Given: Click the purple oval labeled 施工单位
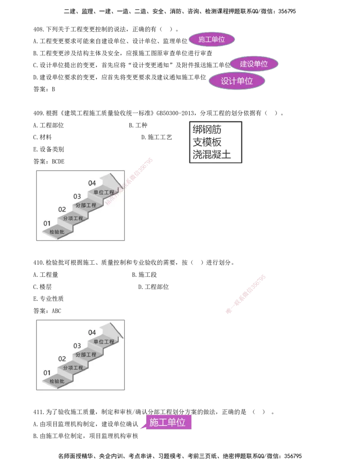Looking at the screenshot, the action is tap(212, 40).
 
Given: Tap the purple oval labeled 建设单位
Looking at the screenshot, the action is tap(254, 64).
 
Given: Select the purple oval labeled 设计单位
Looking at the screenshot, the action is tap(237, 81).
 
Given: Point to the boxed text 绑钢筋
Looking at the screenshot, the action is tap(207, 130).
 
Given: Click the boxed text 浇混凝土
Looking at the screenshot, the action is tap(212, 154).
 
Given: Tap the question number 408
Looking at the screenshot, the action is tap(38, 29).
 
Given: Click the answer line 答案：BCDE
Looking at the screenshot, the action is tap(49, 161).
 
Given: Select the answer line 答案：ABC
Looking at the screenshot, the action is tap(47, 311).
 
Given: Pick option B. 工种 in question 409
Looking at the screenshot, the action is tap(138, 125).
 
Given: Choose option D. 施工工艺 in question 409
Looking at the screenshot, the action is tap(157, 137).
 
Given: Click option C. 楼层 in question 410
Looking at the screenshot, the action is tap(42, 287).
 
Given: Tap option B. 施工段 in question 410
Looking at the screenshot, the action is tap(144, 275).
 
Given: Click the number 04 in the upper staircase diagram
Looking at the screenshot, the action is tap(92, 183).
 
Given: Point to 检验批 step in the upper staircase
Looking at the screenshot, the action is tap(57, 232).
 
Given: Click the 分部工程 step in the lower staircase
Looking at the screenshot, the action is tap(86, 354).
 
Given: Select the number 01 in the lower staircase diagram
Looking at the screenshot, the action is tap(47, 373).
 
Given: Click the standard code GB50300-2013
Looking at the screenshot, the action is tap(175, 113).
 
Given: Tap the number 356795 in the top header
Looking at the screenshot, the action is tap(287, 11).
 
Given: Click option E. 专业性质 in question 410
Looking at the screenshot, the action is tap(49, 299).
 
